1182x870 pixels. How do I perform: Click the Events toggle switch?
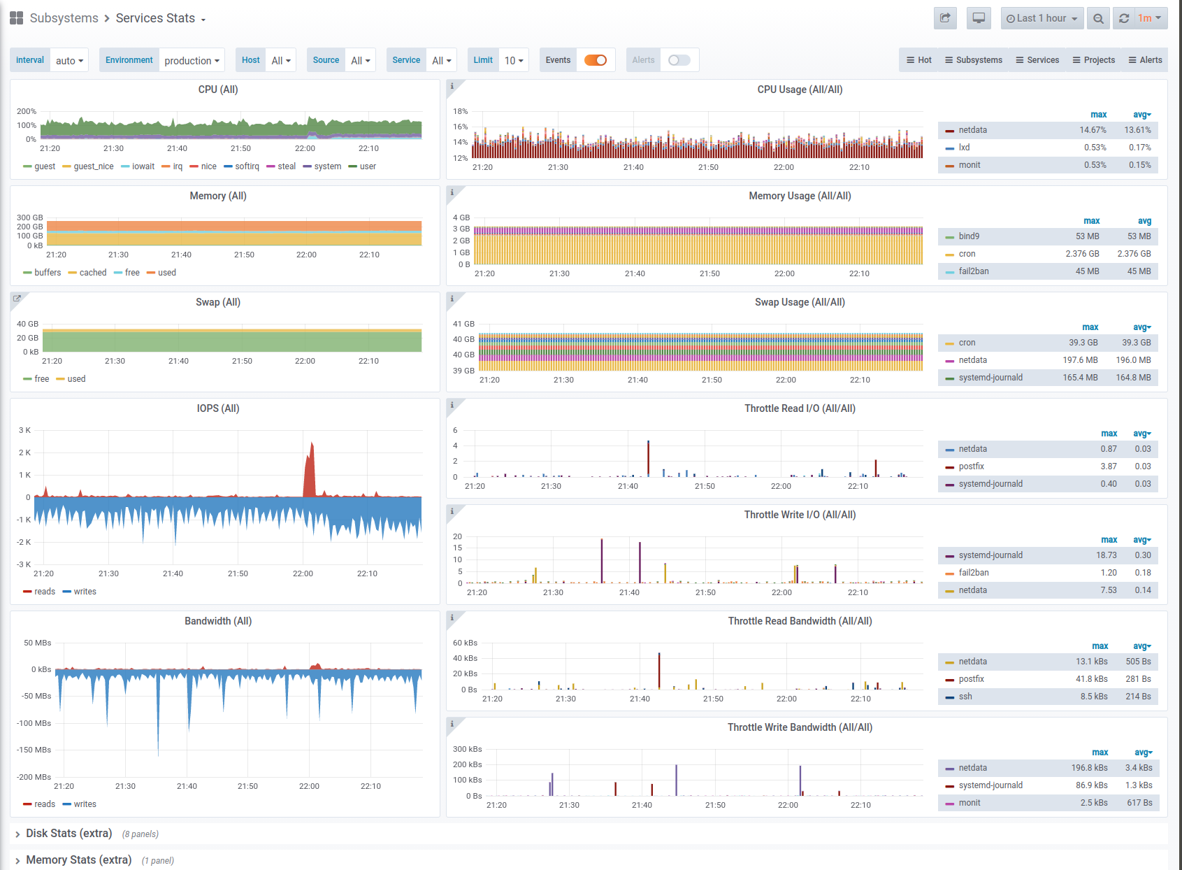[596, 60]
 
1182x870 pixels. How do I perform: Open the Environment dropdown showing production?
[192, 60]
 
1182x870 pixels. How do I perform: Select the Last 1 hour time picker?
[1042, 18]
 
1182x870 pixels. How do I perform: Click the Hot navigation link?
[918, 60]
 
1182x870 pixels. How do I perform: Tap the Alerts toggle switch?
[679, 60]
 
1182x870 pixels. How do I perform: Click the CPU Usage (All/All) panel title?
[800, 90]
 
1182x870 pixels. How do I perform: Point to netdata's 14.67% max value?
[1093, 130]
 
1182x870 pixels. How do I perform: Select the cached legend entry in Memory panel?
[87, 273]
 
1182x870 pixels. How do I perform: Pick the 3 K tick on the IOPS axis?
[24, 430]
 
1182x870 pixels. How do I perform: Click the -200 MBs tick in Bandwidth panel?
[34, 776]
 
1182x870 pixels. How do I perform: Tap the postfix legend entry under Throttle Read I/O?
[971, 466]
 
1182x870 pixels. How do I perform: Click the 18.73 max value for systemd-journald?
[1106, 555]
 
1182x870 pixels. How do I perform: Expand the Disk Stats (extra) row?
[69, 833]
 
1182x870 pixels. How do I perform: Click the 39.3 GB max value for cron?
[1083, 343]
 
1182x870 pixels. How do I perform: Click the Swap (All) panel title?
[218, 303]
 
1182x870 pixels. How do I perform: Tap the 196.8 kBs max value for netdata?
[1089, 768]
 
